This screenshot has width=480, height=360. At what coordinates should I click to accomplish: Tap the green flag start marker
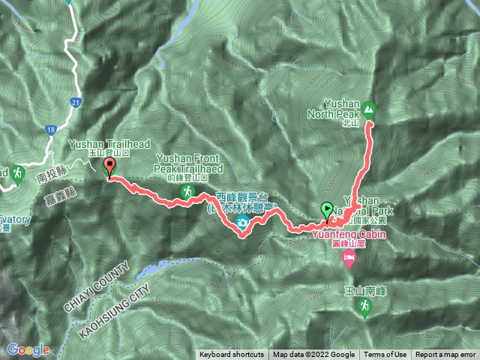coord(327,209)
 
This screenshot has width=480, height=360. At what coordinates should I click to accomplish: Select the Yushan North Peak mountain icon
coord(369,106)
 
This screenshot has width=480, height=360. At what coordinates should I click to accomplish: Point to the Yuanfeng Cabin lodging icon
coord(349,259)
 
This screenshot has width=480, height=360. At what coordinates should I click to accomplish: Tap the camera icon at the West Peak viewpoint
coord(243,223)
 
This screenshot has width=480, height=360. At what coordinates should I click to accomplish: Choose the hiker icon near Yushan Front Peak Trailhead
coord(184,193)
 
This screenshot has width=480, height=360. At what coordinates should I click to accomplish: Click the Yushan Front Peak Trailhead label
coord(188,163)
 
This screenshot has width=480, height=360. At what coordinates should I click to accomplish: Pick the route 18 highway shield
coord(50,130)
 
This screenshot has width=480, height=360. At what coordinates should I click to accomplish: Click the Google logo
coord(28,349)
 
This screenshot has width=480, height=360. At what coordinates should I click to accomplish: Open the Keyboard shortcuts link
coord(232,355)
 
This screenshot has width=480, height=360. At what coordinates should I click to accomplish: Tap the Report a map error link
coord(446,355)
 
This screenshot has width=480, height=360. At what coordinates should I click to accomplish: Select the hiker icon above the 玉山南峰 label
coord(364,306)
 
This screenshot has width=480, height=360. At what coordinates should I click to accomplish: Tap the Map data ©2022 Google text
coord(314,355)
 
